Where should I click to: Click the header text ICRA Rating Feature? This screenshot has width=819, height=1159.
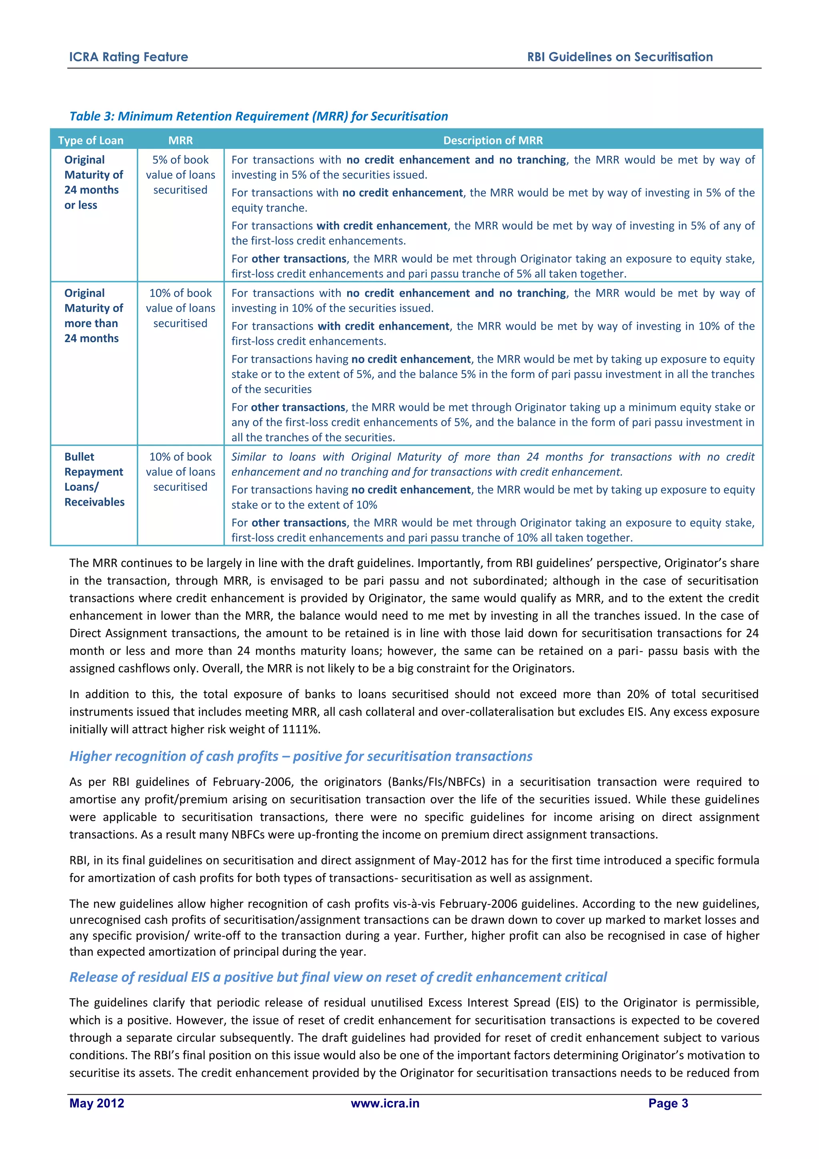click(x=128, y=57)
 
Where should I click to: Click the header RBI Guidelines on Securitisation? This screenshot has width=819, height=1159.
click(x=620, y=57)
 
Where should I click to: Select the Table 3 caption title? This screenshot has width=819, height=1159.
click(x=258, y=116)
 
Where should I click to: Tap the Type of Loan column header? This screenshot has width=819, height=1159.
click(x=91, y=140)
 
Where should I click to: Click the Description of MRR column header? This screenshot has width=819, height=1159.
click(x=493, y=140)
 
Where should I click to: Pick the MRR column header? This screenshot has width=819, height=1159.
click(x=180, y=140)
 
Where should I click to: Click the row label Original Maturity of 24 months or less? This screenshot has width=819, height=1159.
click(x=93, y=182)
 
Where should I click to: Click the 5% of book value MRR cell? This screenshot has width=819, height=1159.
click(x=180, y=175)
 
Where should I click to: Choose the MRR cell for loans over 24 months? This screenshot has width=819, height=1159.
click(x=180, y=308)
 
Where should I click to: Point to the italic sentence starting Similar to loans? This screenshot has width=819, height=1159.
click(x=493, y=464)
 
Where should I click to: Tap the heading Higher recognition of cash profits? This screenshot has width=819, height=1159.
click(x=301, y=756)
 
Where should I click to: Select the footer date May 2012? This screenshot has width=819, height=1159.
click(x=97, y=1103)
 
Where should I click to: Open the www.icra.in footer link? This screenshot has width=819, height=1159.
click(x=385, y=1103)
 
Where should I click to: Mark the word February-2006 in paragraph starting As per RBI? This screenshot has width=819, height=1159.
click(x=252, y=782)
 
